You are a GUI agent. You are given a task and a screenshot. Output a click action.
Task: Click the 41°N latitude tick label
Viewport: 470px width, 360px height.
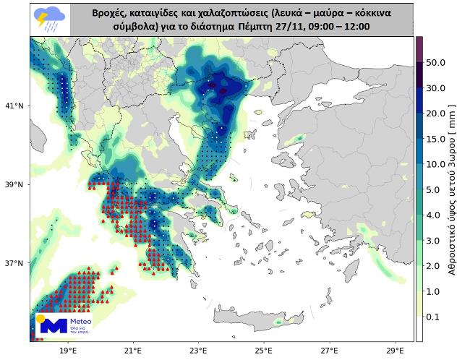click(14, 106)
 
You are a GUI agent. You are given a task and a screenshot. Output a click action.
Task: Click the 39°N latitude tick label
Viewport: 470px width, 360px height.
click(14, 184)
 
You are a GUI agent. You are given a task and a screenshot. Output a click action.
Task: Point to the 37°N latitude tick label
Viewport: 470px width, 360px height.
click(14, 263)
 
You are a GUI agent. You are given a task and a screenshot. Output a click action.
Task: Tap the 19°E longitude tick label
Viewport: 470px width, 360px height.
click(68, 351)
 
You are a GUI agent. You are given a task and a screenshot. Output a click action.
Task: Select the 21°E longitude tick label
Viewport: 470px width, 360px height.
click(134, 351)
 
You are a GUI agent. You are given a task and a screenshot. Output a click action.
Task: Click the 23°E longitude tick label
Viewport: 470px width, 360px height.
click(199, 351)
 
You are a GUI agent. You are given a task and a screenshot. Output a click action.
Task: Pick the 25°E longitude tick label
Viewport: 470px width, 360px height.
click(264, 351)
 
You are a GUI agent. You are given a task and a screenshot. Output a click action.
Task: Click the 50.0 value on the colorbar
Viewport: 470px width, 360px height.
click(435, 63)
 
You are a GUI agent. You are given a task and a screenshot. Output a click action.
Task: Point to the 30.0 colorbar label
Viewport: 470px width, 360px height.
click(435, 88)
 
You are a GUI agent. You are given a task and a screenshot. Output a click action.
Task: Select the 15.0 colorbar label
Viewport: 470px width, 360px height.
click(435, 139)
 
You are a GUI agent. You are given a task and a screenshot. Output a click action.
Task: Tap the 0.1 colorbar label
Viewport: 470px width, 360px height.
click(433, 316)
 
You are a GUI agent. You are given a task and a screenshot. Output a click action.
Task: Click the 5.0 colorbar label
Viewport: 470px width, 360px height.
click(433, 189)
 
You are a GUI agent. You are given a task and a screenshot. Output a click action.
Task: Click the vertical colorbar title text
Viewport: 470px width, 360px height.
click(453, 188)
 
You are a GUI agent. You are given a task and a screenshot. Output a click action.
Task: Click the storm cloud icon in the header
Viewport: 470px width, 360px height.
click(50, 20)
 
